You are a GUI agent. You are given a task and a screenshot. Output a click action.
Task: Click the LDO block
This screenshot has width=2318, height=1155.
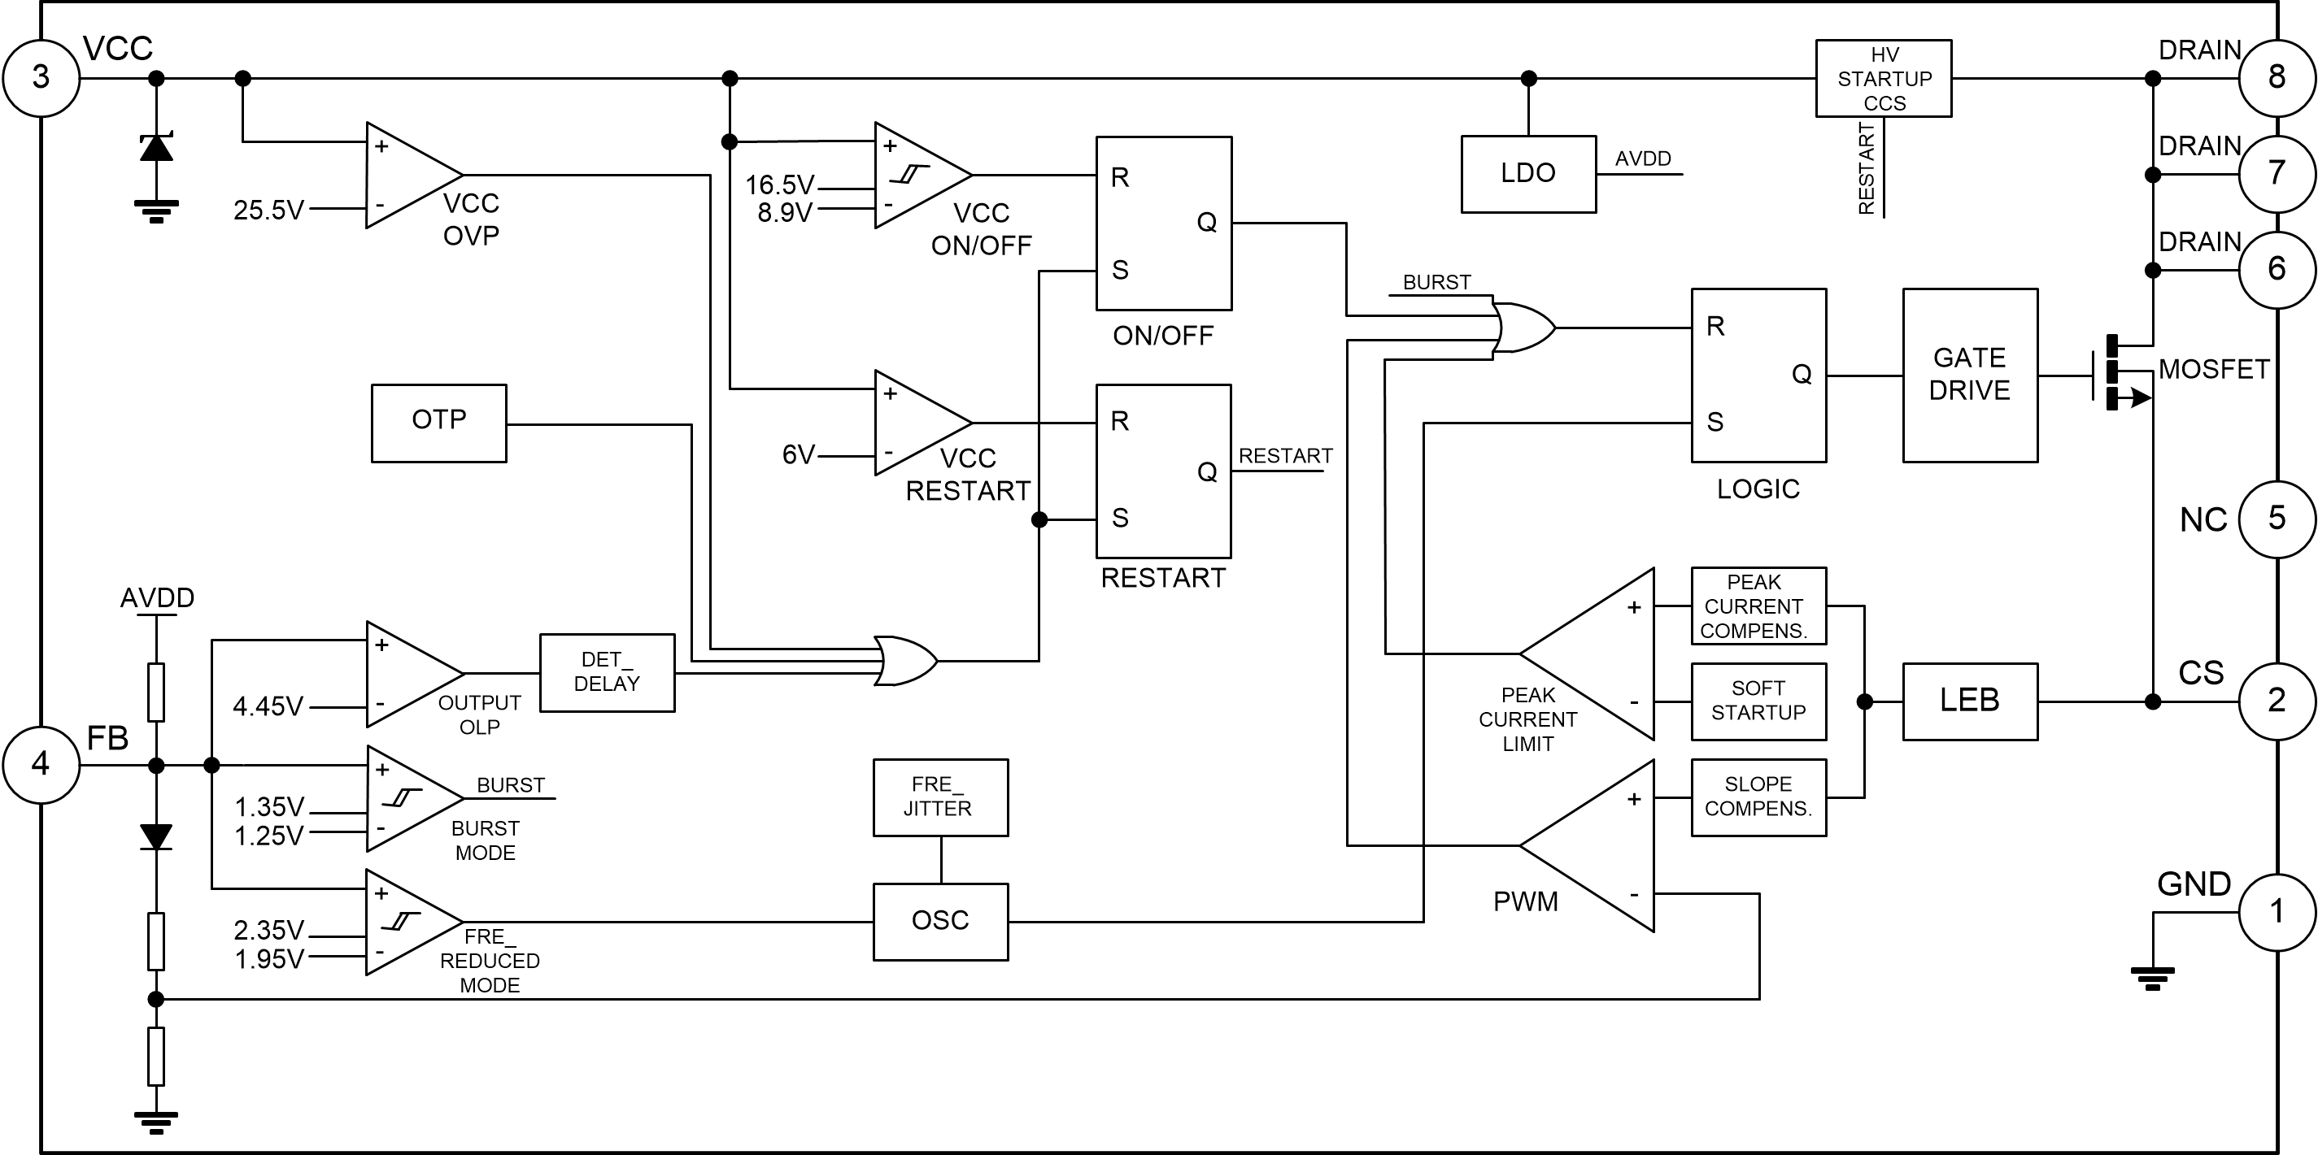click(x=1528, y=174)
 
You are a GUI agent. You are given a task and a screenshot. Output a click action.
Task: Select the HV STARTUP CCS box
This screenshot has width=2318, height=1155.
click(x=1884, y=78)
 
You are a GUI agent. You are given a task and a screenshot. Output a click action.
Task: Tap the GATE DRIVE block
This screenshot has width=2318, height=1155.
click(x=1970, y=375)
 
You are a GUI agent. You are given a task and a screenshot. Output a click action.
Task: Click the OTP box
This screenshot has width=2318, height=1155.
click(x=439, y=423)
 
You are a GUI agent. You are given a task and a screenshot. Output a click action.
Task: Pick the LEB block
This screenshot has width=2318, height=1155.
click(x=1970, y=701)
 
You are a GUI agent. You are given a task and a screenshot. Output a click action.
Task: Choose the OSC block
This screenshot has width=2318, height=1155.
click(x=940, y=922)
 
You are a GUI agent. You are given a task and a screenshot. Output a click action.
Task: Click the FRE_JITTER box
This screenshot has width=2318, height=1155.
click(x=940, y=797)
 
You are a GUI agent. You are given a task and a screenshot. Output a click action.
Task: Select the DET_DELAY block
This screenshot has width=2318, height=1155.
click(x=607, y=673)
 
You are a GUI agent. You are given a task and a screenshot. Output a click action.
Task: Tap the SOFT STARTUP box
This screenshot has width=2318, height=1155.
click(x=1758, y=701)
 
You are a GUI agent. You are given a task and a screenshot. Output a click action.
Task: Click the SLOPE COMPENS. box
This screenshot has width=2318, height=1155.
click(x=1758, y=797)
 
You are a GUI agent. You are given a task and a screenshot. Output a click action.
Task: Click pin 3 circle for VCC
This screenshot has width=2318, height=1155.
click(x=41, y=78)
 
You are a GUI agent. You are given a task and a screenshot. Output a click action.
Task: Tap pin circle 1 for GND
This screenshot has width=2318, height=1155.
click(x=2277, y=912)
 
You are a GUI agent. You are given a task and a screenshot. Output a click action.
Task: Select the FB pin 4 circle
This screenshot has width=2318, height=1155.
click(x=41, y=766)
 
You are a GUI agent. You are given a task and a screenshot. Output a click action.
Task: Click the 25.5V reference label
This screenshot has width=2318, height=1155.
click(x=268, y=211)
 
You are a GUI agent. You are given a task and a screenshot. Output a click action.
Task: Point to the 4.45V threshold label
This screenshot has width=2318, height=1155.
click(x=268, y=707)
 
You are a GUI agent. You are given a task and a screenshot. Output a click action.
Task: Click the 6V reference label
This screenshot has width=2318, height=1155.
click(x=798, y=455)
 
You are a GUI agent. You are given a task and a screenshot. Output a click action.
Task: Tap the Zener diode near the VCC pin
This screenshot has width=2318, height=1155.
click(x=157, y=146)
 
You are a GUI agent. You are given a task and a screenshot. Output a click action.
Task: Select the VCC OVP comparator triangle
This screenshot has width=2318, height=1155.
click(x=409, y=176)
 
